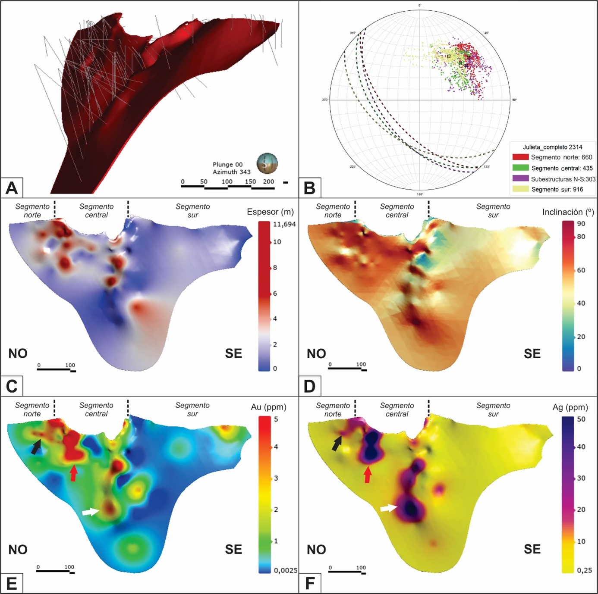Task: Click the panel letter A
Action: coord(12,188)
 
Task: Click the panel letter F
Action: coord(310,583)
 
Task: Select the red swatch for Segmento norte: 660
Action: coord(520,157)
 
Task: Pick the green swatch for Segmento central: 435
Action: coord(520,168)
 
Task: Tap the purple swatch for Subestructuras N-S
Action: coord(520,178)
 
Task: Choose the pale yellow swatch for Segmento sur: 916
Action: coord(520,189)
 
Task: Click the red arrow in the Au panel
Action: coord(74,473)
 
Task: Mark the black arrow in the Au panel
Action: coord(36,446)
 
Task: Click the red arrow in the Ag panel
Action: coord(368,475)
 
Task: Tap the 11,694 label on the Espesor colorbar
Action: coord(284,224)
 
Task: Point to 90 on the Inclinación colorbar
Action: coord(581,224)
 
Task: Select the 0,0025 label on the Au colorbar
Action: coord(286,570)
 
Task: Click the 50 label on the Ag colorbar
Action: coord(581,419)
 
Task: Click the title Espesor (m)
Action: coord(270,212)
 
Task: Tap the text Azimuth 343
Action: coord(232,172)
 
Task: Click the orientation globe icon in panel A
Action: coord(267,163)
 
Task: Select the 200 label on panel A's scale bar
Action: coord(268,181)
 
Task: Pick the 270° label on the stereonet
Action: coord(325,100)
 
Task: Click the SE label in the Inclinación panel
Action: coord(532,354)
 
